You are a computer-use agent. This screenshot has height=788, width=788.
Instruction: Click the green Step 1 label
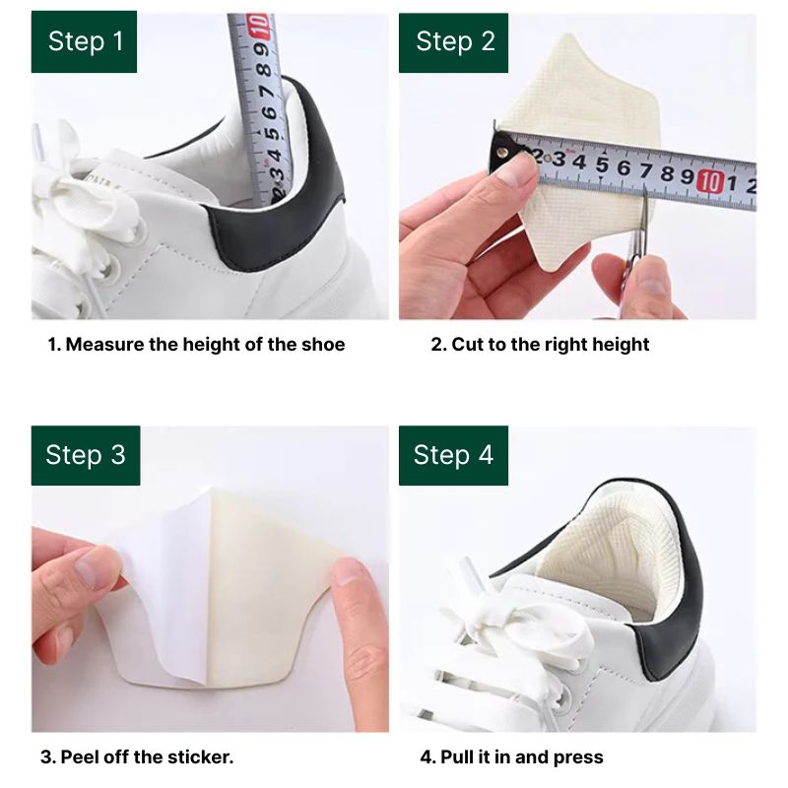pyautogui.click(x=84, y=41)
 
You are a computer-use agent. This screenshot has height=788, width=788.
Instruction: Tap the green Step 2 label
pyautogui.click(x=453, y=42)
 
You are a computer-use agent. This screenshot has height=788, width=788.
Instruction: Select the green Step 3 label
pyautogui.click(x=86, y=455)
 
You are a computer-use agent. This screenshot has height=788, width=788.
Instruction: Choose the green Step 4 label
pyautogui.click(x=453, y=455)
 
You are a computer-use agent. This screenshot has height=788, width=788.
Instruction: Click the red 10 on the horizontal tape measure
pyautogui.click(x=709, y=181)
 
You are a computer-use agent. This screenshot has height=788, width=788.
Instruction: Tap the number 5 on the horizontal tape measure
pyautogui.click(x=602, y=165)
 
